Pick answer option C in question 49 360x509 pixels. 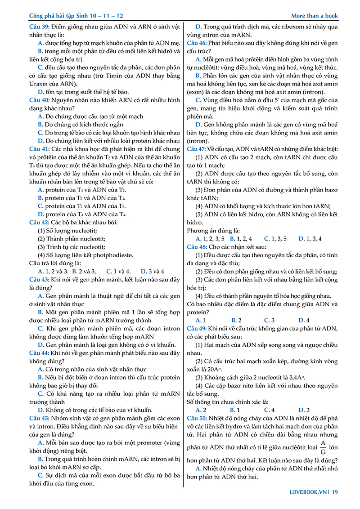pyautogui.click(x=267, y=410)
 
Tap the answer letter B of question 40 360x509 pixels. pyautogui.click(x=40, y=125)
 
